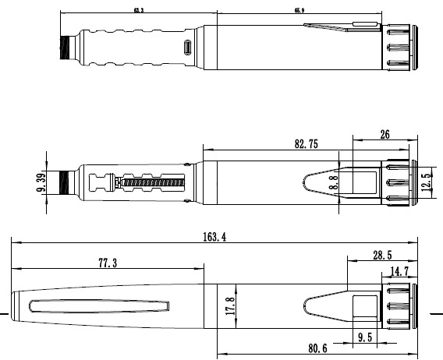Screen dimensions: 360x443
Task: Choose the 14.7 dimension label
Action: point(399,270)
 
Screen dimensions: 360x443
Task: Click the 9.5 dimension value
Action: point(365,338)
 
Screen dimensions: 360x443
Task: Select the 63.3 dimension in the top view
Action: point(139,11)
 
